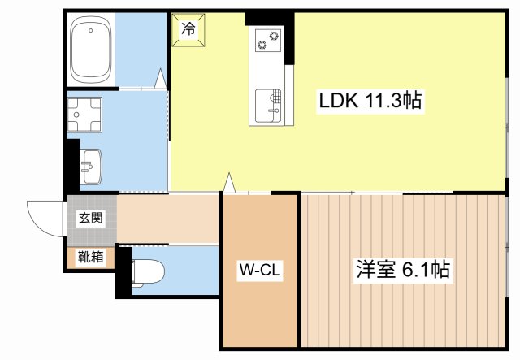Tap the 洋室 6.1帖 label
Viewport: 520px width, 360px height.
pos(403,270)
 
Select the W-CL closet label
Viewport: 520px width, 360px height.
pos(260,270)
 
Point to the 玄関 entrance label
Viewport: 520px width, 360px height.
pos(90,217)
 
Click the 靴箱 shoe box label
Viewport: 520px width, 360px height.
pos(90,258)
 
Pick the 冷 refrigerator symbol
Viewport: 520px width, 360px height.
pos(188,31)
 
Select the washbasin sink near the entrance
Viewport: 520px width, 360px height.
pos(90,167)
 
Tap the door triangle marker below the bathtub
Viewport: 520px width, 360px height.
pos(160,79)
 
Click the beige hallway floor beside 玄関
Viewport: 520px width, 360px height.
pos(167,218)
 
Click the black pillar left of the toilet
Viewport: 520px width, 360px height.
pos(123,271)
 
